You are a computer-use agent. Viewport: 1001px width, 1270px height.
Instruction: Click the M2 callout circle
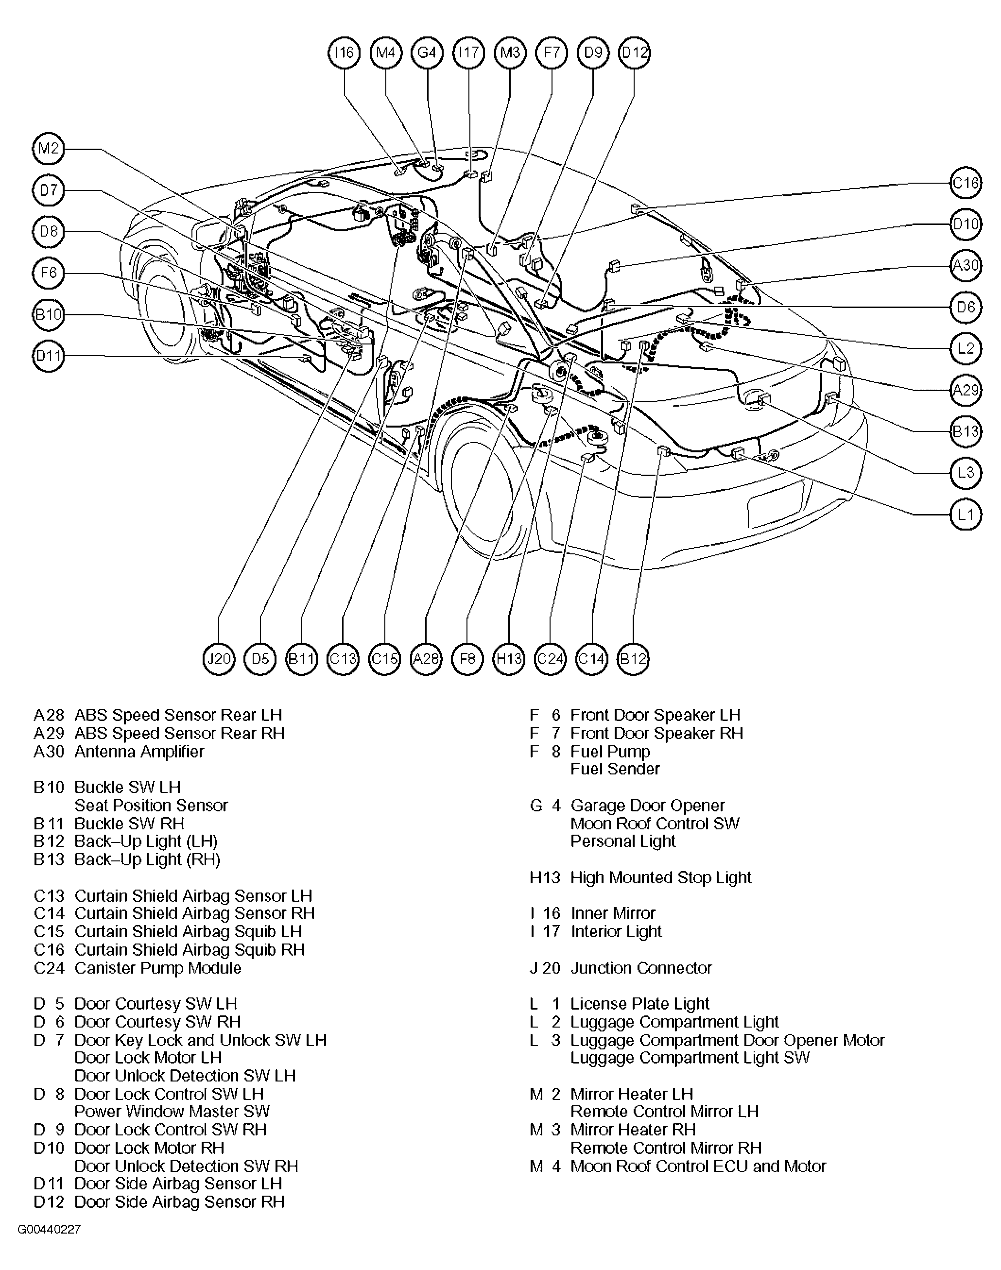coord(49,148)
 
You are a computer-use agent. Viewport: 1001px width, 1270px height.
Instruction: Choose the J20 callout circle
coord(219,659)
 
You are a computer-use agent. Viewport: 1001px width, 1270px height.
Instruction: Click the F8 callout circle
coord(467,659)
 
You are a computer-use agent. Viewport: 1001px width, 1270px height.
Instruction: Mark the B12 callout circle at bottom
coord(634,659)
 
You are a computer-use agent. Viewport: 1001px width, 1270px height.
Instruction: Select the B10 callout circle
coord(49,315)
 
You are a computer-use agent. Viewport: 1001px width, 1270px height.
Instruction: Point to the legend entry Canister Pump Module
coord(157,968)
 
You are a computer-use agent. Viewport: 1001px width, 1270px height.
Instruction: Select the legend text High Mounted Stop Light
coord(660,877)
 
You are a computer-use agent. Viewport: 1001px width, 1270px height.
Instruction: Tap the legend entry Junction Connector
coord(641,968)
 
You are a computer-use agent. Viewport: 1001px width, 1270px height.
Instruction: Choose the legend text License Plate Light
coord(640,1004)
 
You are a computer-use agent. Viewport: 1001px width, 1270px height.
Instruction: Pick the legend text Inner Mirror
coord(613,913)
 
